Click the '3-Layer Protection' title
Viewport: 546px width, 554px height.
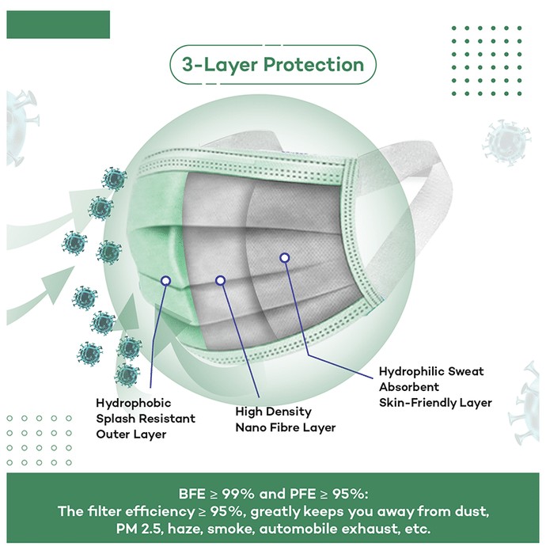pyautogui.click(x=273, y=65)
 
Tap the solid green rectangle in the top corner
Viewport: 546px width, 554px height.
pyautogui.click(x=59, y=25)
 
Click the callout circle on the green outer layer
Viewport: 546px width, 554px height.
pyautogui.click(x=165, y=281)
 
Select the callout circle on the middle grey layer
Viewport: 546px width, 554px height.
pyautogui.click(x=220, y=280)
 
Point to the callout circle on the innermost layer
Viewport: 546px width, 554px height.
pyautogui.click(x=285, y=258)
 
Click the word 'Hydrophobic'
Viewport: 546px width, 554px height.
pyautogui.click(x=134, y=403)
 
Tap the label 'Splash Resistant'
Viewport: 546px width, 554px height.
pyautogui.click(x=146, y=419)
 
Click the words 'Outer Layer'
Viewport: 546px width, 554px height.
pyautogui.click(x=131, y=434)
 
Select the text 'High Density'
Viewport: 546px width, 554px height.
pyautogui.click(x=273, y=412)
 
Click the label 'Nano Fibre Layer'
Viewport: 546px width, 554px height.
pyautogui.click(x=286, y=427)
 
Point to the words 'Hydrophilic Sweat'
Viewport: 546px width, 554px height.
pyautogui.click(x=431, y=371)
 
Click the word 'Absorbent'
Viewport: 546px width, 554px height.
pyautogui.click(x=409, y=387)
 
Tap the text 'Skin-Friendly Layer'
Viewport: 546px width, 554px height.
pyautogui.click(x=435, y=403)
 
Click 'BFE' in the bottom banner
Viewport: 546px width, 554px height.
pyautogui.click(x=192, y=494)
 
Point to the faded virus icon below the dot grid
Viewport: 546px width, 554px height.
pyautogui.click(x=506, y=142)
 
